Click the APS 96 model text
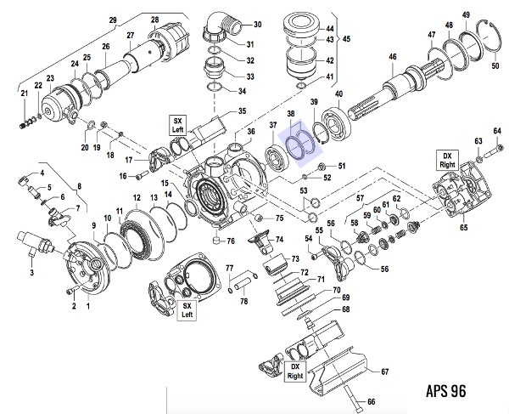(x=446, y=391)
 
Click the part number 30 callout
(x=257, y=25)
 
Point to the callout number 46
(x=393, y=57)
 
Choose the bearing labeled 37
(x=277, y=158)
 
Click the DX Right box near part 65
(x=447, y=160)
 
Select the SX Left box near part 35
(x=177, y=125)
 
